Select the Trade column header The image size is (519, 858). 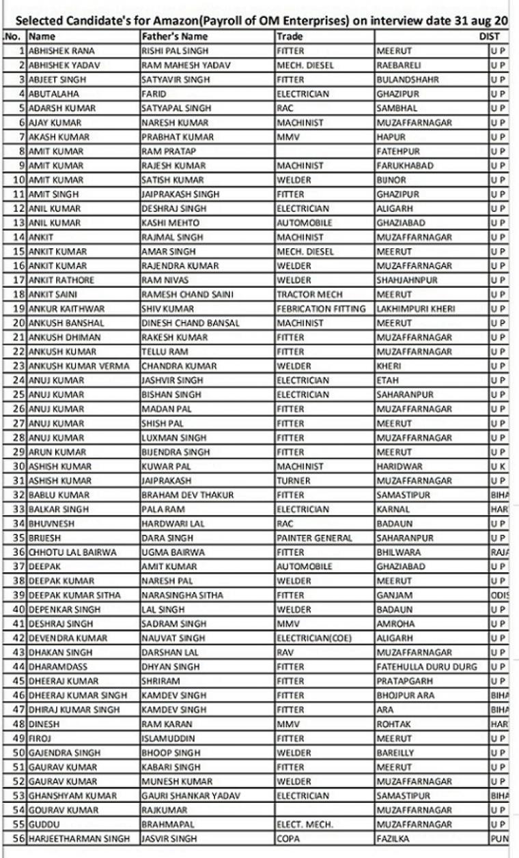(x=290, y=37)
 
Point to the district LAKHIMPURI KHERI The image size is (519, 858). (x=416, y=309)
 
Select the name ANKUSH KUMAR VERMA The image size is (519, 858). (x=79, y=366)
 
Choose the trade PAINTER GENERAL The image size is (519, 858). (x=314, y=538)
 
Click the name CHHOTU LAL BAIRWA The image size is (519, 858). (x=72, y=552)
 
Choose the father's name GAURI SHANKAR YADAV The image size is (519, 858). (x=185, y=796)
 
